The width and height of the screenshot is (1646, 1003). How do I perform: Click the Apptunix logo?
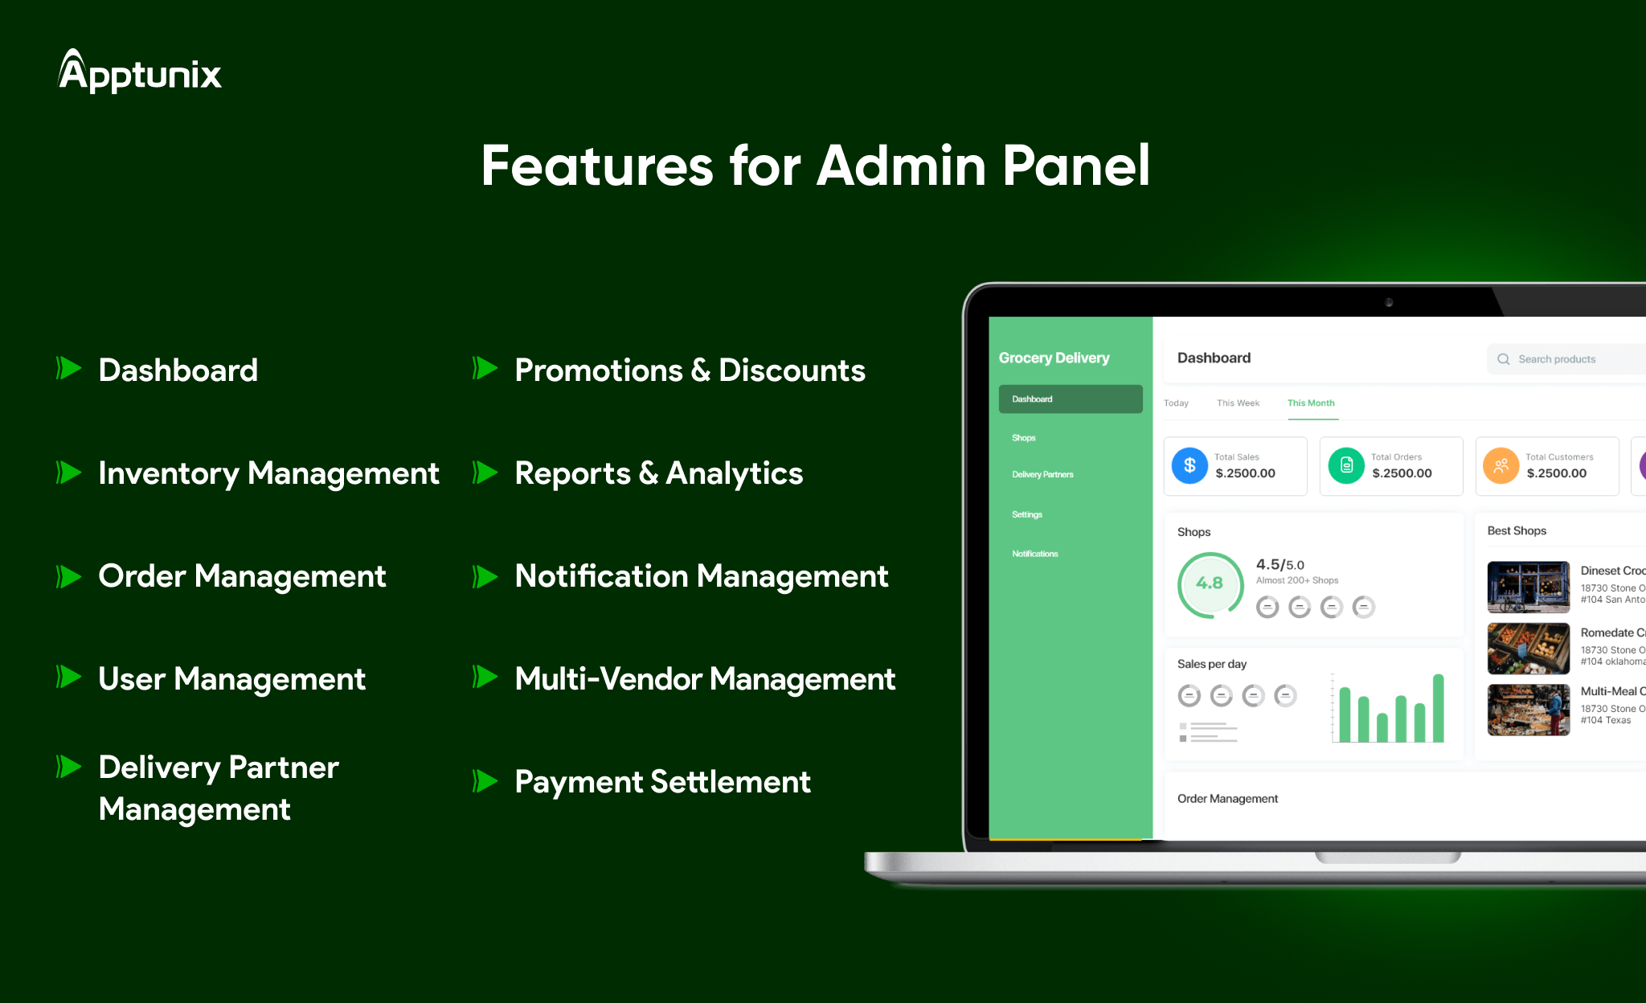[140, 72]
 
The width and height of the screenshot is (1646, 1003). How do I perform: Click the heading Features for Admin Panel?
[815, 166]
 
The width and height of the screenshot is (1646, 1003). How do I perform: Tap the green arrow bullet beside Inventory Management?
[69, 473]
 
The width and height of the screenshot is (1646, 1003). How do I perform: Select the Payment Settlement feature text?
[662, 782]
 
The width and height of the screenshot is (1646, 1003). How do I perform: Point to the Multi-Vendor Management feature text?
[704, 679]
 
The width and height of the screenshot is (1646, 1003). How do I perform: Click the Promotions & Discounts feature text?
[690, 370]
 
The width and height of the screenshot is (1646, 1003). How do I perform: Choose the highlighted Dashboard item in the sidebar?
[1070, 399]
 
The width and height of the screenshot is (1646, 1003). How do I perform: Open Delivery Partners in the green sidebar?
[1042, 475]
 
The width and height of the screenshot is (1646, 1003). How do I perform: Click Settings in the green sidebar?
[1026, 514]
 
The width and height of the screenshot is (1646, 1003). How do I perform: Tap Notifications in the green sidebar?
[1034, 554]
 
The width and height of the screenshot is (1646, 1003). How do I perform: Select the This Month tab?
[1310, 403]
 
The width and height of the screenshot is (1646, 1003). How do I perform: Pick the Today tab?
[1176, 403]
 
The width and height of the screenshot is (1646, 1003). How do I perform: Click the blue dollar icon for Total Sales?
[1189, 465]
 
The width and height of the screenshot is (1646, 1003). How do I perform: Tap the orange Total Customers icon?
[1501, 465]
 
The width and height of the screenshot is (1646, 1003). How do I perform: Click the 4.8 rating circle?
[1210, 583]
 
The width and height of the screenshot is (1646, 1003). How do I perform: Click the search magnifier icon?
[1503, 359]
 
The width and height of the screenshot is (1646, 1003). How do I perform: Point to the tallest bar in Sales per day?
[1438, 707]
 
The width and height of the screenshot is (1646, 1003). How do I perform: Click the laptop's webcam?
[1389, 302]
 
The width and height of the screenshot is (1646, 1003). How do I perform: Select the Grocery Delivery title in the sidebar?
[1054, 358]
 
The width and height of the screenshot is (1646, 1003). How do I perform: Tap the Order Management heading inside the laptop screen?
[1227, 799]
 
